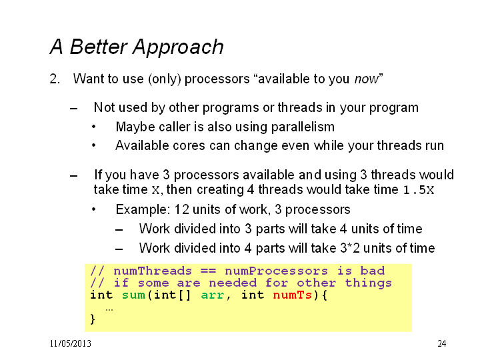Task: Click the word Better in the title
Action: tap(98, 47)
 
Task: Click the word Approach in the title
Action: tap(178, 48)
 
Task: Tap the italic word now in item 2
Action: tap(367, 79)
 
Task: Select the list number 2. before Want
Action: tap(55, 79)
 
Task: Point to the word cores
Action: tap(189, 146)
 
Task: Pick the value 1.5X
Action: tap(419, 190)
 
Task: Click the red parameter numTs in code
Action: tap(293, 295)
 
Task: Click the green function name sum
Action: tap(133, 295)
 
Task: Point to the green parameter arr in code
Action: tap(213, 295)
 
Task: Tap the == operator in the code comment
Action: tap(208, 271)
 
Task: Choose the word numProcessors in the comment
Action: tap(276, 271)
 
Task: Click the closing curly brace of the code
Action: tap(93, 319)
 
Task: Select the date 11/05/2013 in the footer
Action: tap(71, 343)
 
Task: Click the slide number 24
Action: tap(442, 343)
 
